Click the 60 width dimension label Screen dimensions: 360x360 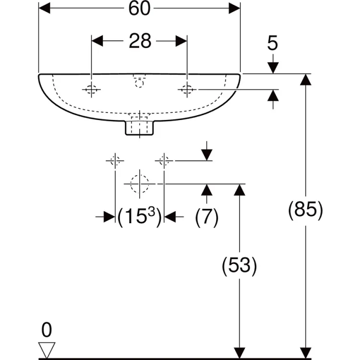(x=139, y=9)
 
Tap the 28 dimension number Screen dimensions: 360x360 (x=140, y=41)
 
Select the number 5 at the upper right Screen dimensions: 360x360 (x=273, y=43)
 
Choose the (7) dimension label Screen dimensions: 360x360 (x=206, y=217)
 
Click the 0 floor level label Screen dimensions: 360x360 (x=47, y=330)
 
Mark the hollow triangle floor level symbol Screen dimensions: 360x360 (x=47, y=349)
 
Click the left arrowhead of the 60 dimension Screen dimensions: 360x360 (x=44, y=8)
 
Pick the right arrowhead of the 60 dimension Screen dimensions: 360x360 (x=234, y=8)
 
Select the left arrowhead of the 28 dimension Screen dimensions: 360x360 (x=97, y=41)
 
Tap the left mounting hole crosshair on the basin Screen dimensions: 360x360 (x=91, y=90)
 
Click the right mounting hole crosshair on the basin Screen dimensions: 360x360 (x=187, y=90)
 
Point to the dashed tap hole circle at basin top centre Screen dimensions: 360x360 (x=139, y=83)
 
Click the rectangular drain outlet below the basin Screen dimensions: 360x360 (x=139, y=128)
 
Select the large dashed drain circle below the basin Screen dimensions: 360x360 (x=139, y=184)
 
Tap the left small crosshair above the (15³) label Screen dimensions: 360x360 (x=115, y=161)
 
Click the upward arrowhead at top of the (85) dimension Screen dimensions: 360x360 (x=306, y=80)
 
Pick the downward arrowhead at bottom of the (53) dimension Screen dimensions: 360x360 (x=240, y=352)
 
